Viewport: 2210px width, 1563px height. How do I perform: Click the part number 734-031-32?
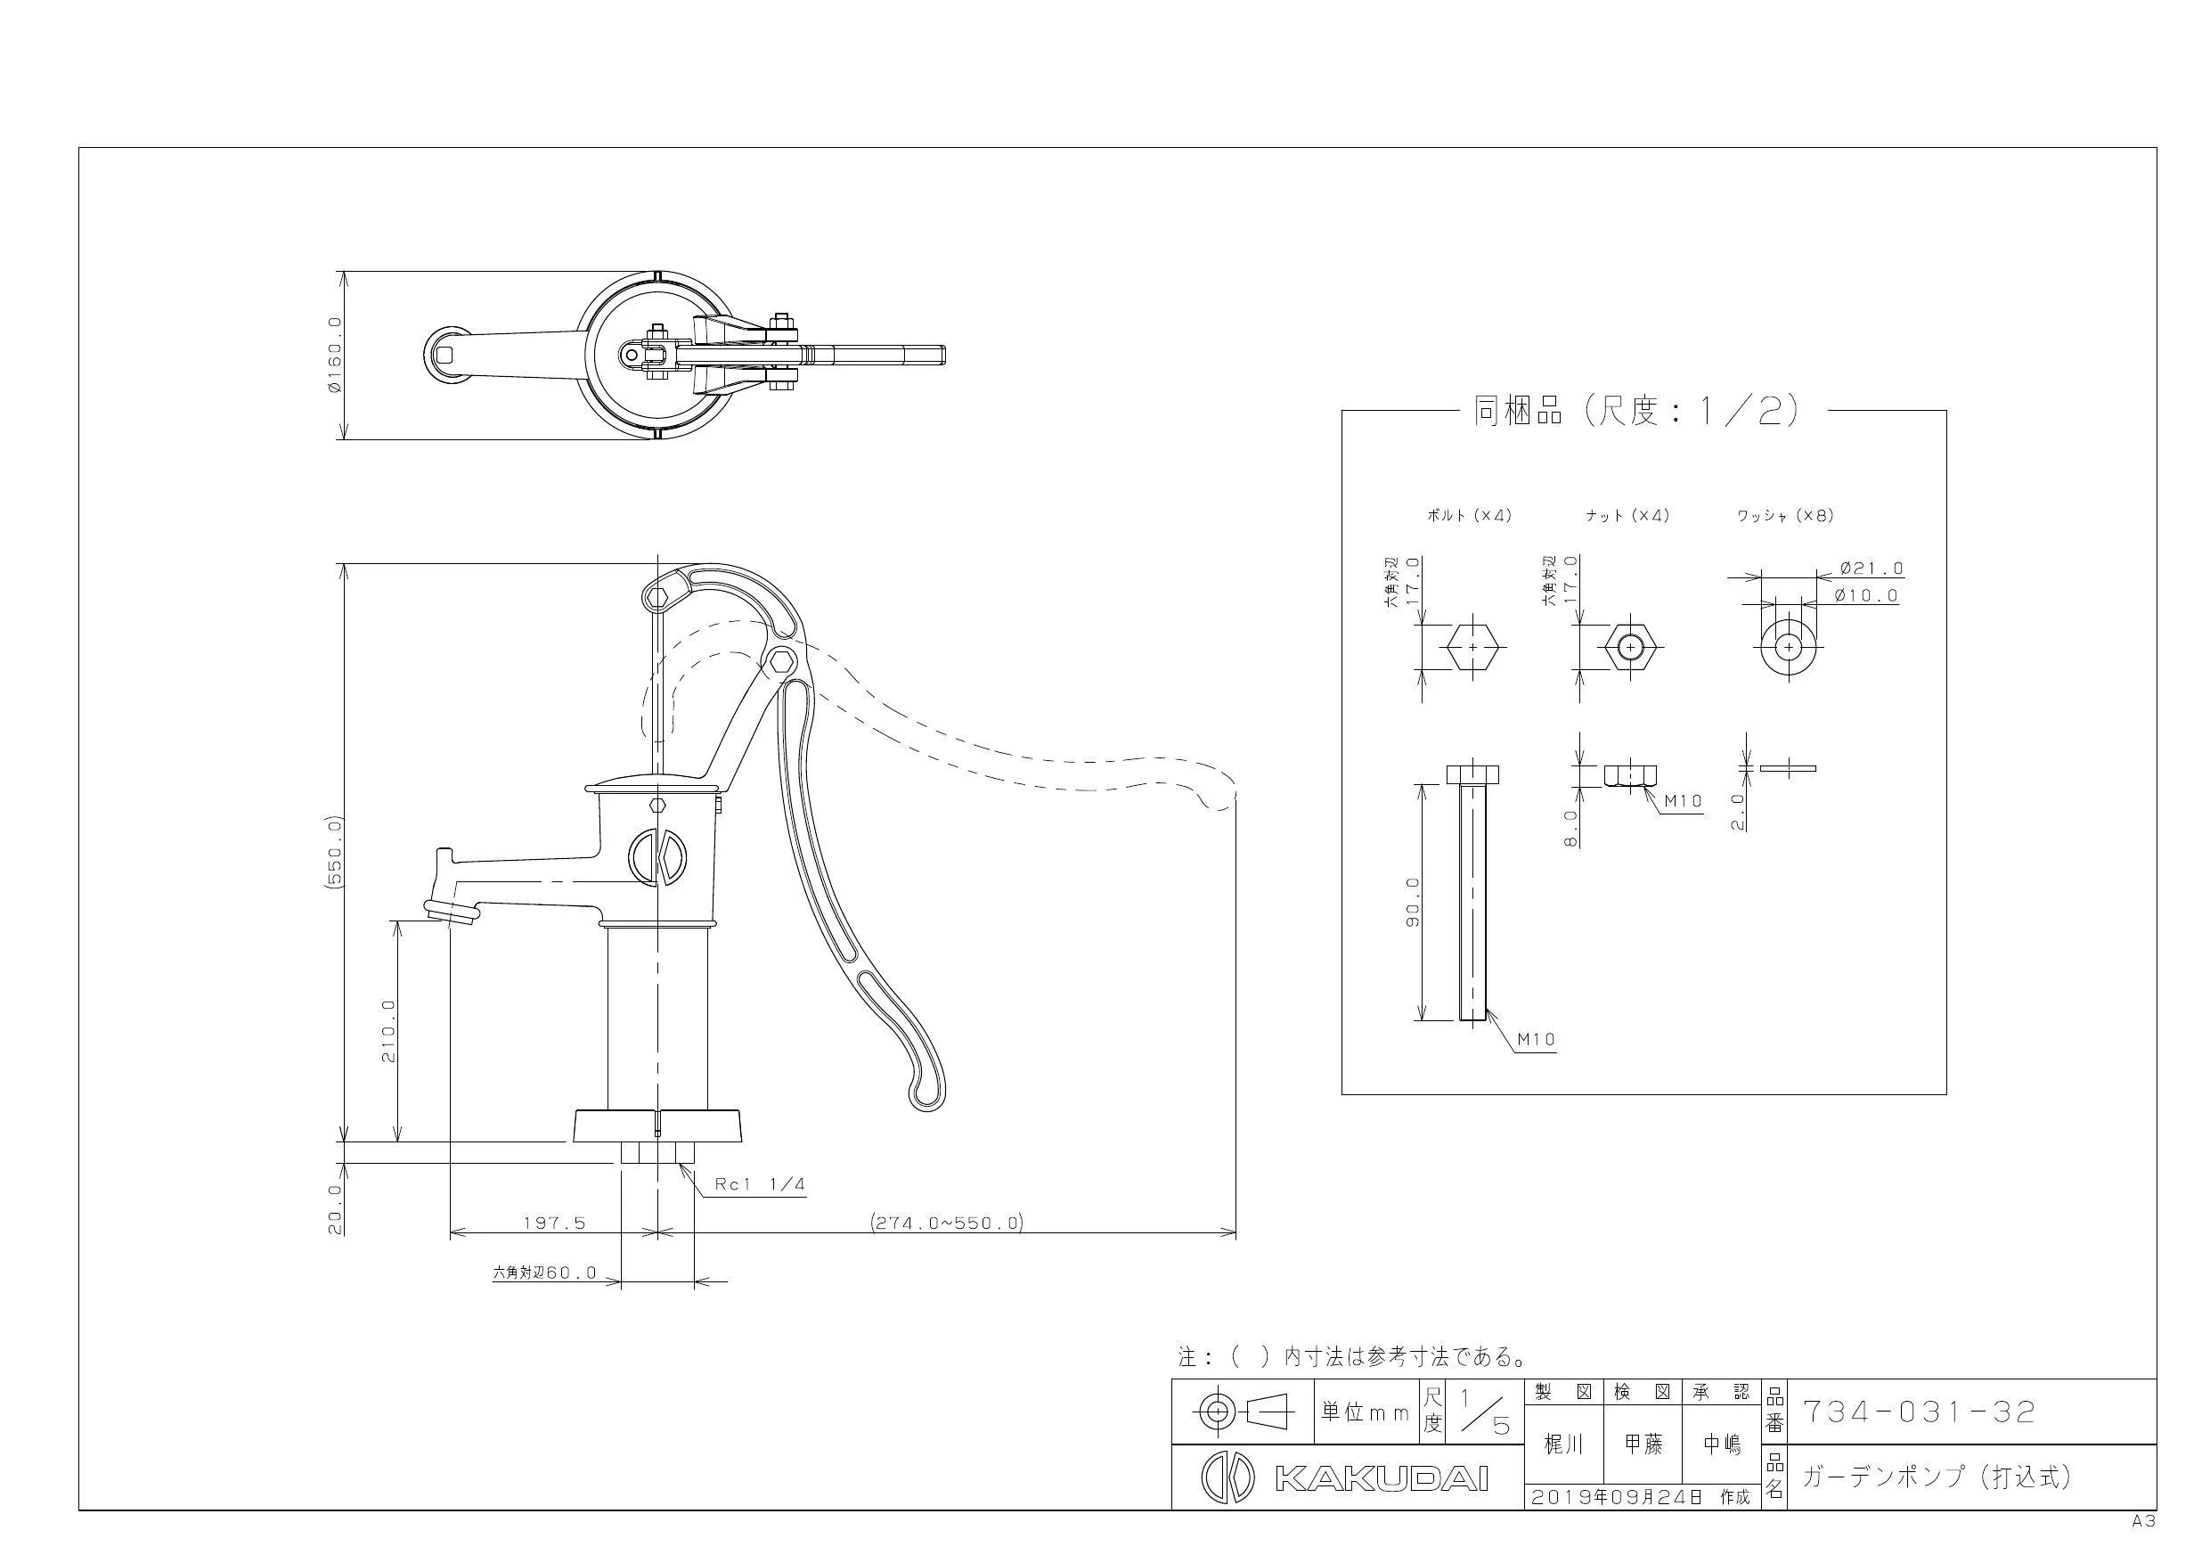click(x=1919, y=1412)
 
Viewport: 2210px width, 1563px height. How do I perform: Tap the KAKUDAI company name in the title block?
click(x=1382, y=1478)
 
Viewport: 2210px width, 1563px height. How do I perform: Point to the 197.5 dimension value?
click(x=554, y=1223)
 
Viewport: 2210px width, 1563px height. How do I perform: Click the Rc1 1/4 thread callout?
click(x=760, y=1184)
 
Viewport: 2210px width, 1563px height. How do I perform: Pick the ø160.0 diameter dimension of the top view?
click(x=334, y=355)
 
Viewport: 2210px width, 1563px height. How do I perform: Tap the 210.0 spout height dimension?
click(x=387, y=1030)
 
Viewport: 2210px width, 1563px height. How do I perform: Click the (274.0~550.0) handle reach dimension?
click(x=947, y=1223)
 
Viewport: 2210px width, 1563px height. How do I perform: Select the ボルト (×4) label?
click(x=1469, y=515)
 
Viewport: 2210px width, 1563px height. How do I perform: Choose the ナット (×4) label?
click(x=1627, y=515)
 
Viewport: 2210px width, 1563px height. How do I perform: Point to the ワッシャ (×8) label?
click(x=1785, y=515)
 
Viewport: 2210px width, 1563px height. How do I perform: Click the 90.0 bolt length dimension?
click(x=1413, y=903)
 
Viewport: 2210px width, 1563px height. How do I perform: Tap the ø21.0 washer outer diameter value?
click(x=1872, y=569)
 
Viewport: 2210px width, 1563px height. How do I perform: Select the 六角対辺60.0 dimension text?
click(x=545, y=1272)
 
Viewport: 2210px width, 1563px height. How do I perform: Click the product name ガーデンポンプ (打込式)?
click(x=1937, y=1477)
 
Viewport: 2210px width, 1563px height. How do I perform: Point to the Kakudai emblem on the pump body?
click(x=656, y=855)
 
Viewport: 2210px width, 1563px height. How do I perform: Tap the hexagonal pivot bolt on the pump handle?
click(x=783, y=661)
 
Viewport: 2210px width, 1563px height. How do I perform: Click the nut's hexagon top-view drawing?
click(x=1629, y=648)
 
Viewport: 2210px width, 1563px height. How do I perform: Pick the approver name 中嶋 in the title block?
click(x=1722, y=1444)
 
